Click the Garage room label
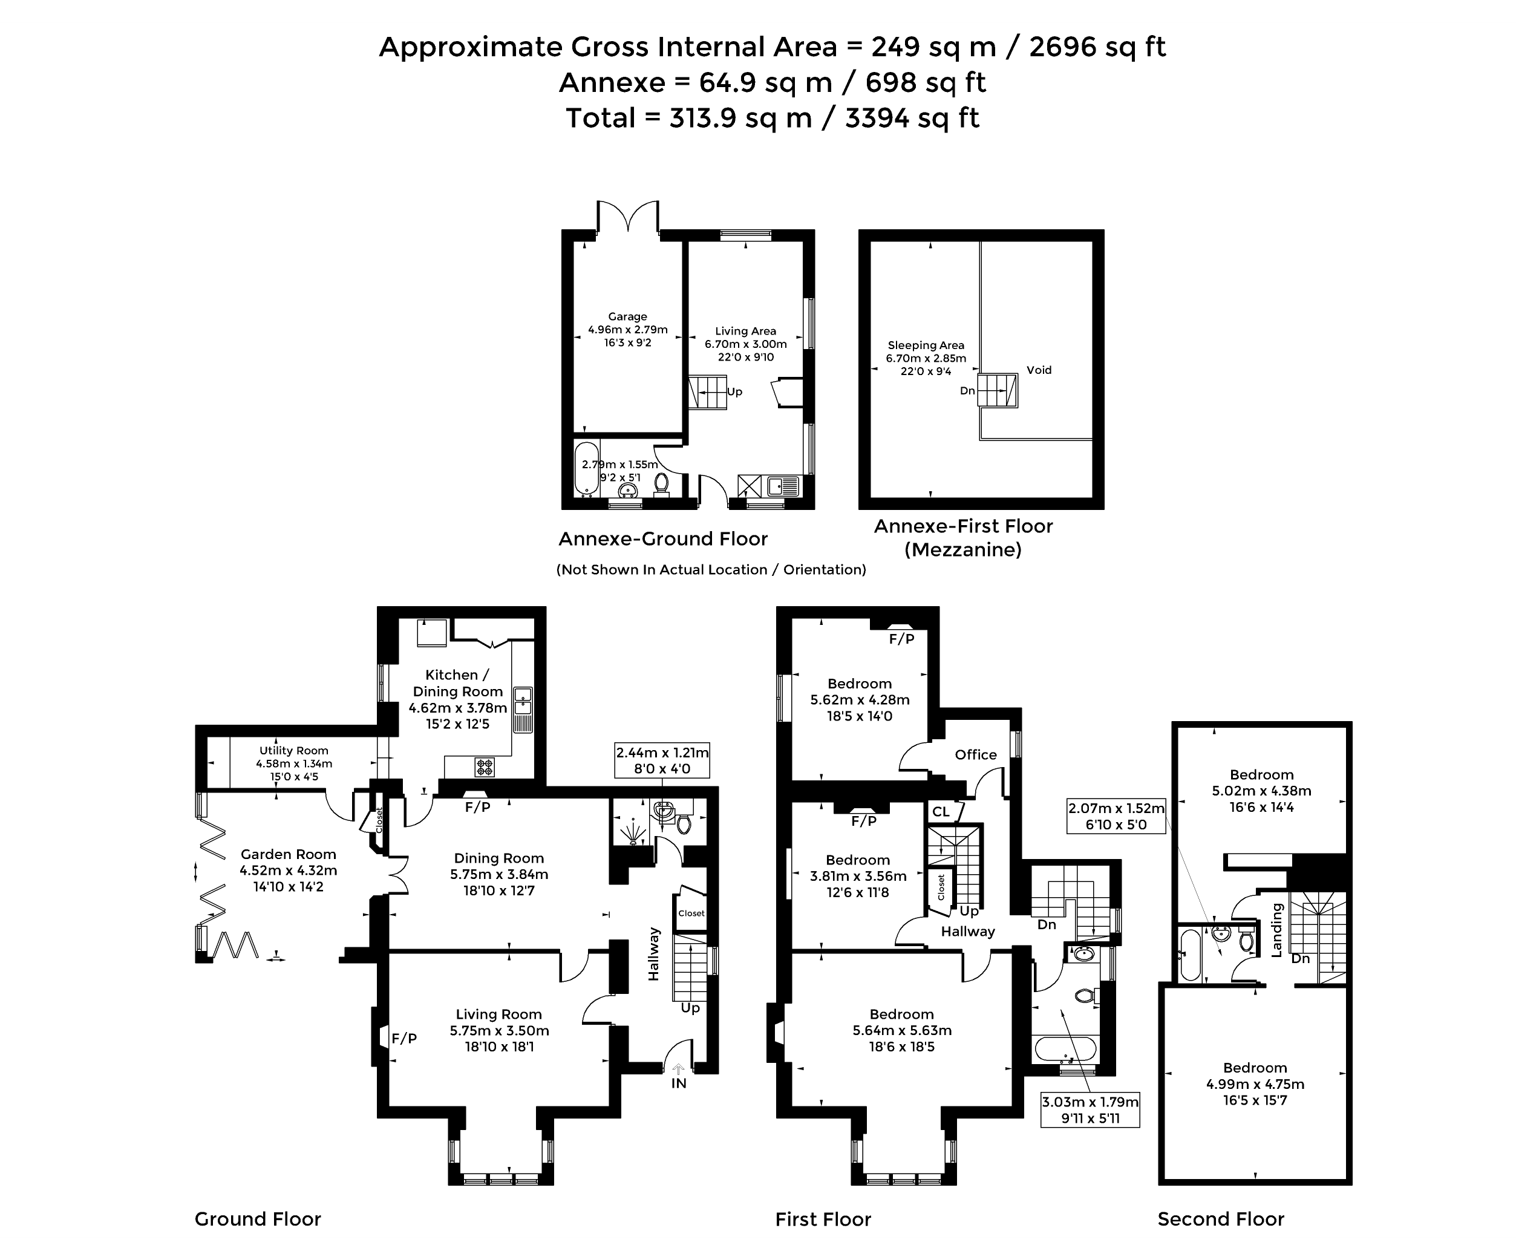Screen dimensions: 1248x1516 (x=627, y=316)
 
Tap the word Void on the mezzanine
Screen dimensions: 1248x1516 (x=1038, y=370)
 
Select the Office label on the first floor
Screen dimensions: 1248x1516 (x=975, y=755)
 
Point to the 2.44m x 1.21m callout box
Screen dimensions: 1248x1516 (x=661, y=760)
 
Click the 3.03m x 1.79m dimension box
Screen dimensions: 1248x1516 (x=1090, y=1110)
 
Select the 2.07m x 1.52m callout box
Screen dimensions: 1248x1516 (x=1115, y=817)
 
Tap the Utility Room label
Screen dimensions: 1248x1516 (x=293, y=751)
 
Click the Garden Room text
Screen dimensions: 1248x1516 (x=287, y=855)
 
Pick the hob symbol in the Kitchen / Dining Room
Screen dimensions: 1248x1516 (x=485, y=767)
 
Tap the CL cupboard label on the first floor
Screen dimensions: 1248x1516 (x=940, y=812)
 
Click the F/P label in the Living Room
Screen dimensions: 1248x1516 (x=404, y=1038)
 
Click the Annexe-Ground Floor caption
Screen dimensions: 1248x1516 (x=663, y=539)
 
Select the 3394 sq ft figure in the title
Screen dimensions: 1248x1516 (x=912, y=118)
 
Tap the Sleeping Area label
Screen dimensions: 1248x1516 (x=925, y=345)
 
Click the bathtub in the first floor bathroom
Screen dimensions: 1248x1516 (x=1065, y=1049)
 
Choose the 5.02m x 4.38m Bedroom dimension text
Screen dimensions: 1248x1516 (x=1261, y=791)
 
